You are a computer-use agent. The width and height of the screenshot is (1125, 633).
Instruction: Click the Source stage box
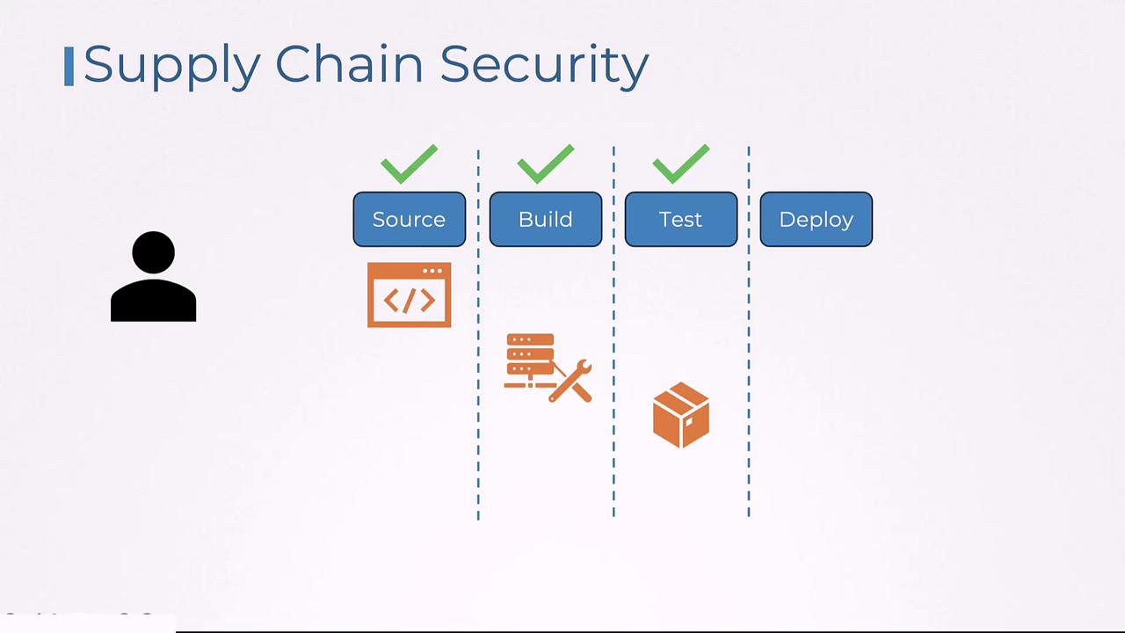(x=409, y=219)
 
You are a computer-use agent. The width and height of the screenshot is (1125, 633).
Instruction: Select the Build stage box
(x=545, y=219)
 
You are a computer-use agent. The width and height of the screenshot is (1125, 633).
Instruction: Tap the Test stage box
(x=680, y=219)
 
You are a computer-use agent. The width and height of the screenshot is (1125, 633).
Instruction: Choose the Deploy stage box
(x=816, y=219)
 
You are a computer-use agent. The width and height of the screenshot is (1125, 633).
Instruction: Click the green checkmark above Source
(x=409, y=164)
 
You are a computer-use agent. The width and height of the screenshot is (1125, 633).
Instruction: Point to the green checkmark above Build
(x=545, y=164)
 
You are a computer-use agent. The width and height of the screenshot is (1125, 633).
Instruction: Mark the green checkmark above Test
(x=681, y=164)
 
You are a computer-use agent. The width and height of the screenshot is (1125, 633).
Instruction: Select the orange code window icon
(x=409, y=295)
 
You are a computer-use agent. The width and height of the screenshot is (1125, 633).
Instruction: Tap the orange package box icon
(x=681, y=415)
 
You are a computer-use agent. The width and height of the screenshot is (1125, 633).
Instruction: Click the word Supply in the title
(x=171, y=65)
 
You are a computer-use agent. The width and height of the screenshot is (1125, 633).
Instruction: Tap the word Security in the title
(x=544, y=65)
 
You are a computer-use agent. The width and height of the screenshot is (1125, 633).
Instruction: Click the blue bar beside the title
(x=69, y=67)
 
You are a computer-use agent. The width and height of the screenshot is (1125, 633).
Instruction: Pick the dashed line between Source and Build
(x=478, y=352)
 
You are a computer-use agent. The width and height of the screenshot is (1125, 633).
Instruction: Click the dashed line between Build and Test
(x=613, y=352)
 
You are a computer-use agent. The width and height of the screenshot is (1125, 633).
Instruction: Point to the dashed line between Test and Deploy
(x=749, y=352)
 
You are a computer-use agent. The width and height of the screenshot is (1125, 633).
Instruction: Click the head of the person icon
(x=153, y=252)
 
